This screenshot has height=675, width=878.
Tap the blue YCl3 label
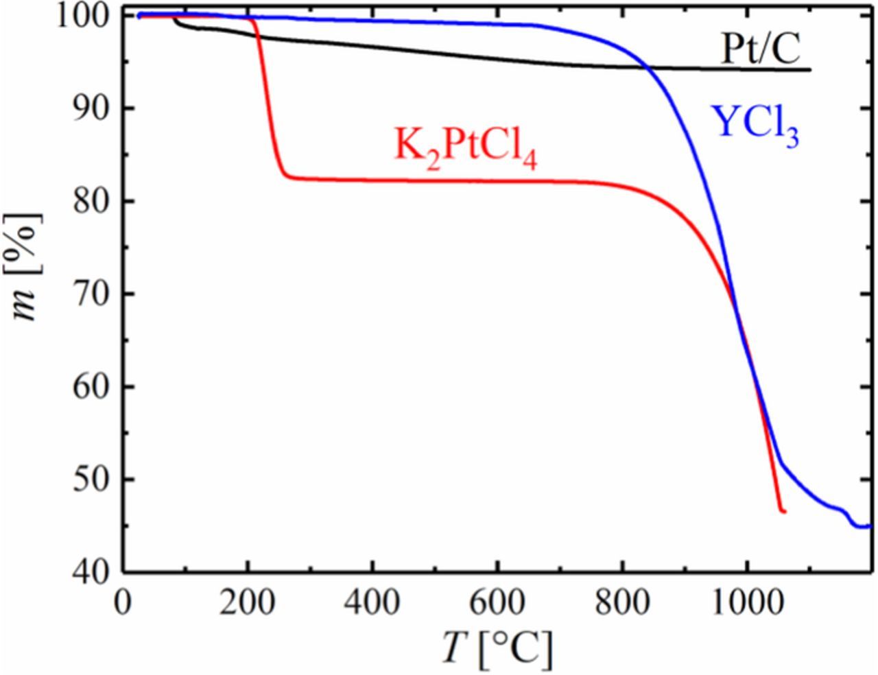pos(757,125)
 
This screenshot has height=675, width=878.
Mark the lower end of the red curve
pos(783,512)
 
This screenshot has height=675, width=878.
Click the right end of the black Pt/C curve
pos(810,69)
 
